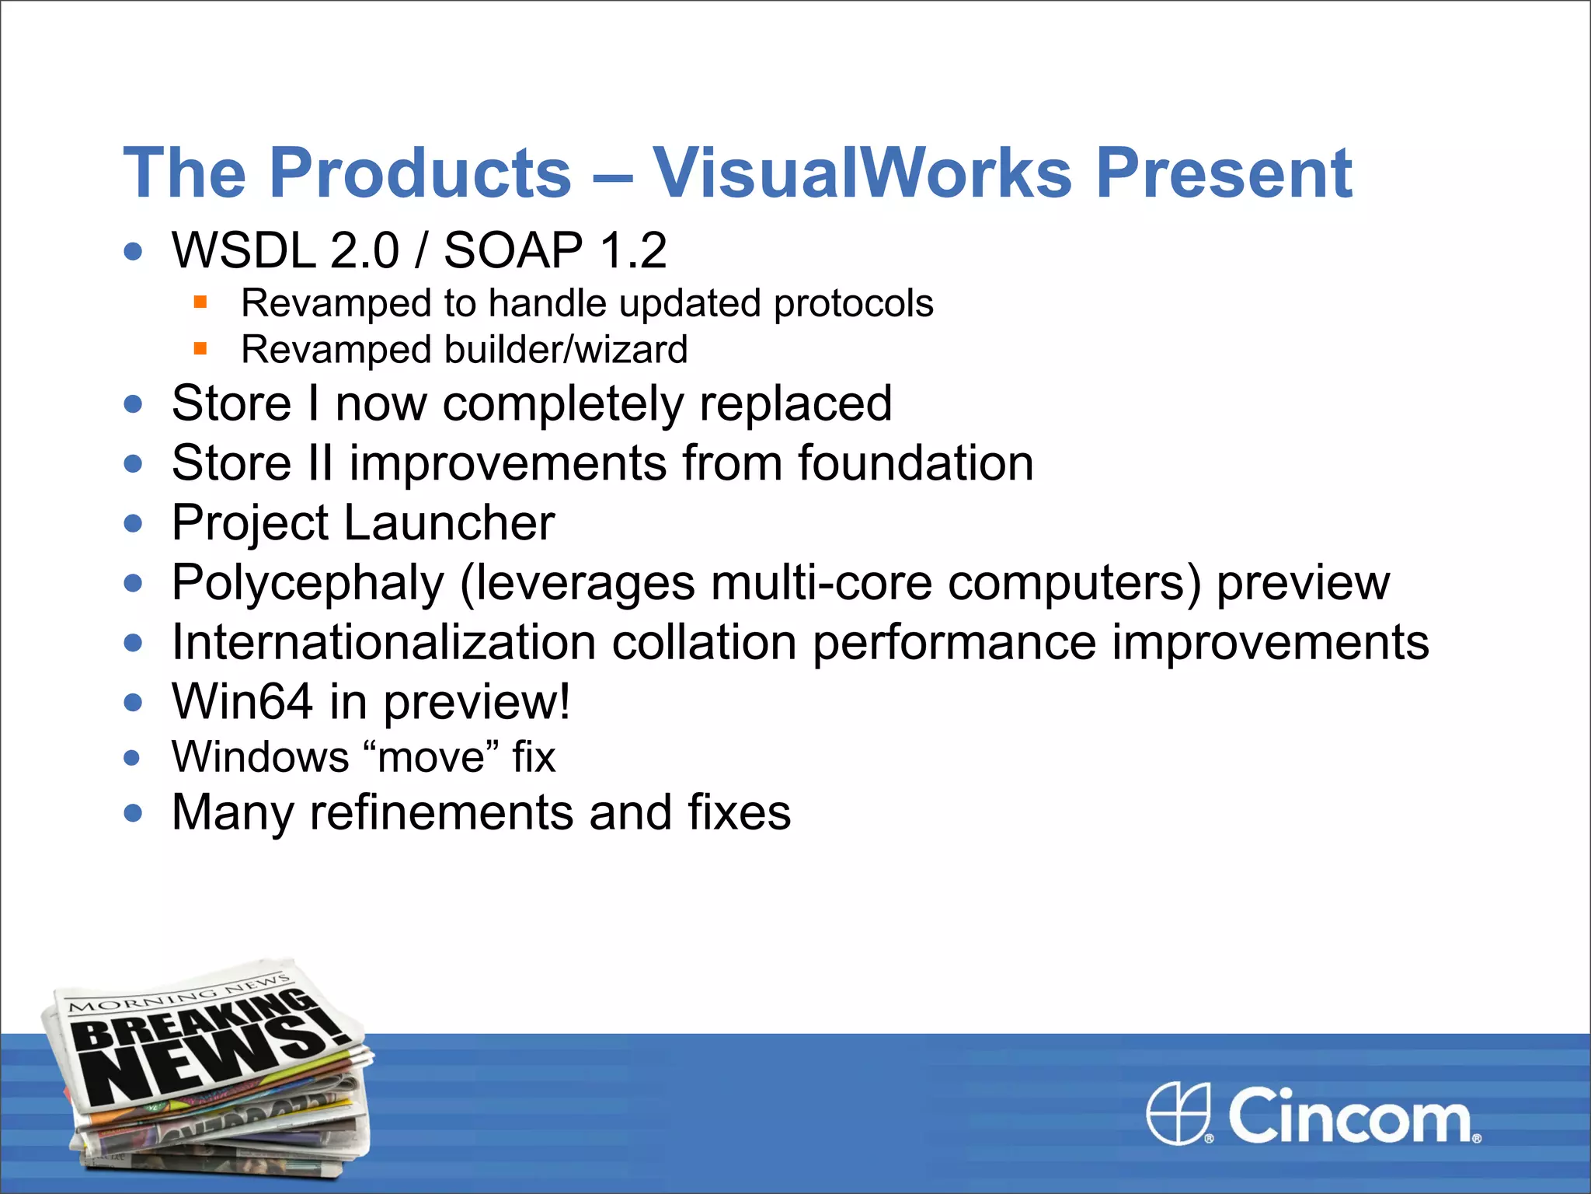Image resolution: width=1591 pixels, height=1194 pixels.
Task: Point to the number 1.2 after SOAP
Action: (633, 250)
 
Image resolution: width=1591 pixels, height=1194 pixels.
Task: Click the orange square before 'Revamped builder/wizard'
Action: (200, 348)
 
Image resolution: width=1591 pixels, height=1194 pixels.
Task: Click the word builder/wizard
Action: (566, 350)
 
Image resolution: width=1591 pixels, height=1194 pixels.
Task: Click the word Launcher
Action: (449, 522)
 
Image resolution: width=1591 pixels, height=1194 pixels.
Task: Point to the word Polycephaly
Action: (308, 582)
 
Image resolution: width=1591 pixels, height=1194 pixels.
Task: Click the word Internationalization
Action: (384, 642)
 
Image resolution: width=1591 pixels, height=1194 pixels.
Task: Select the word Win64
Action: (242, 701)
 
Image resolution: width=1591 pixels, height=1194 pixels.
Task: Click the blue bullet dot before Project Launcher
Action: (134, 523)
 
